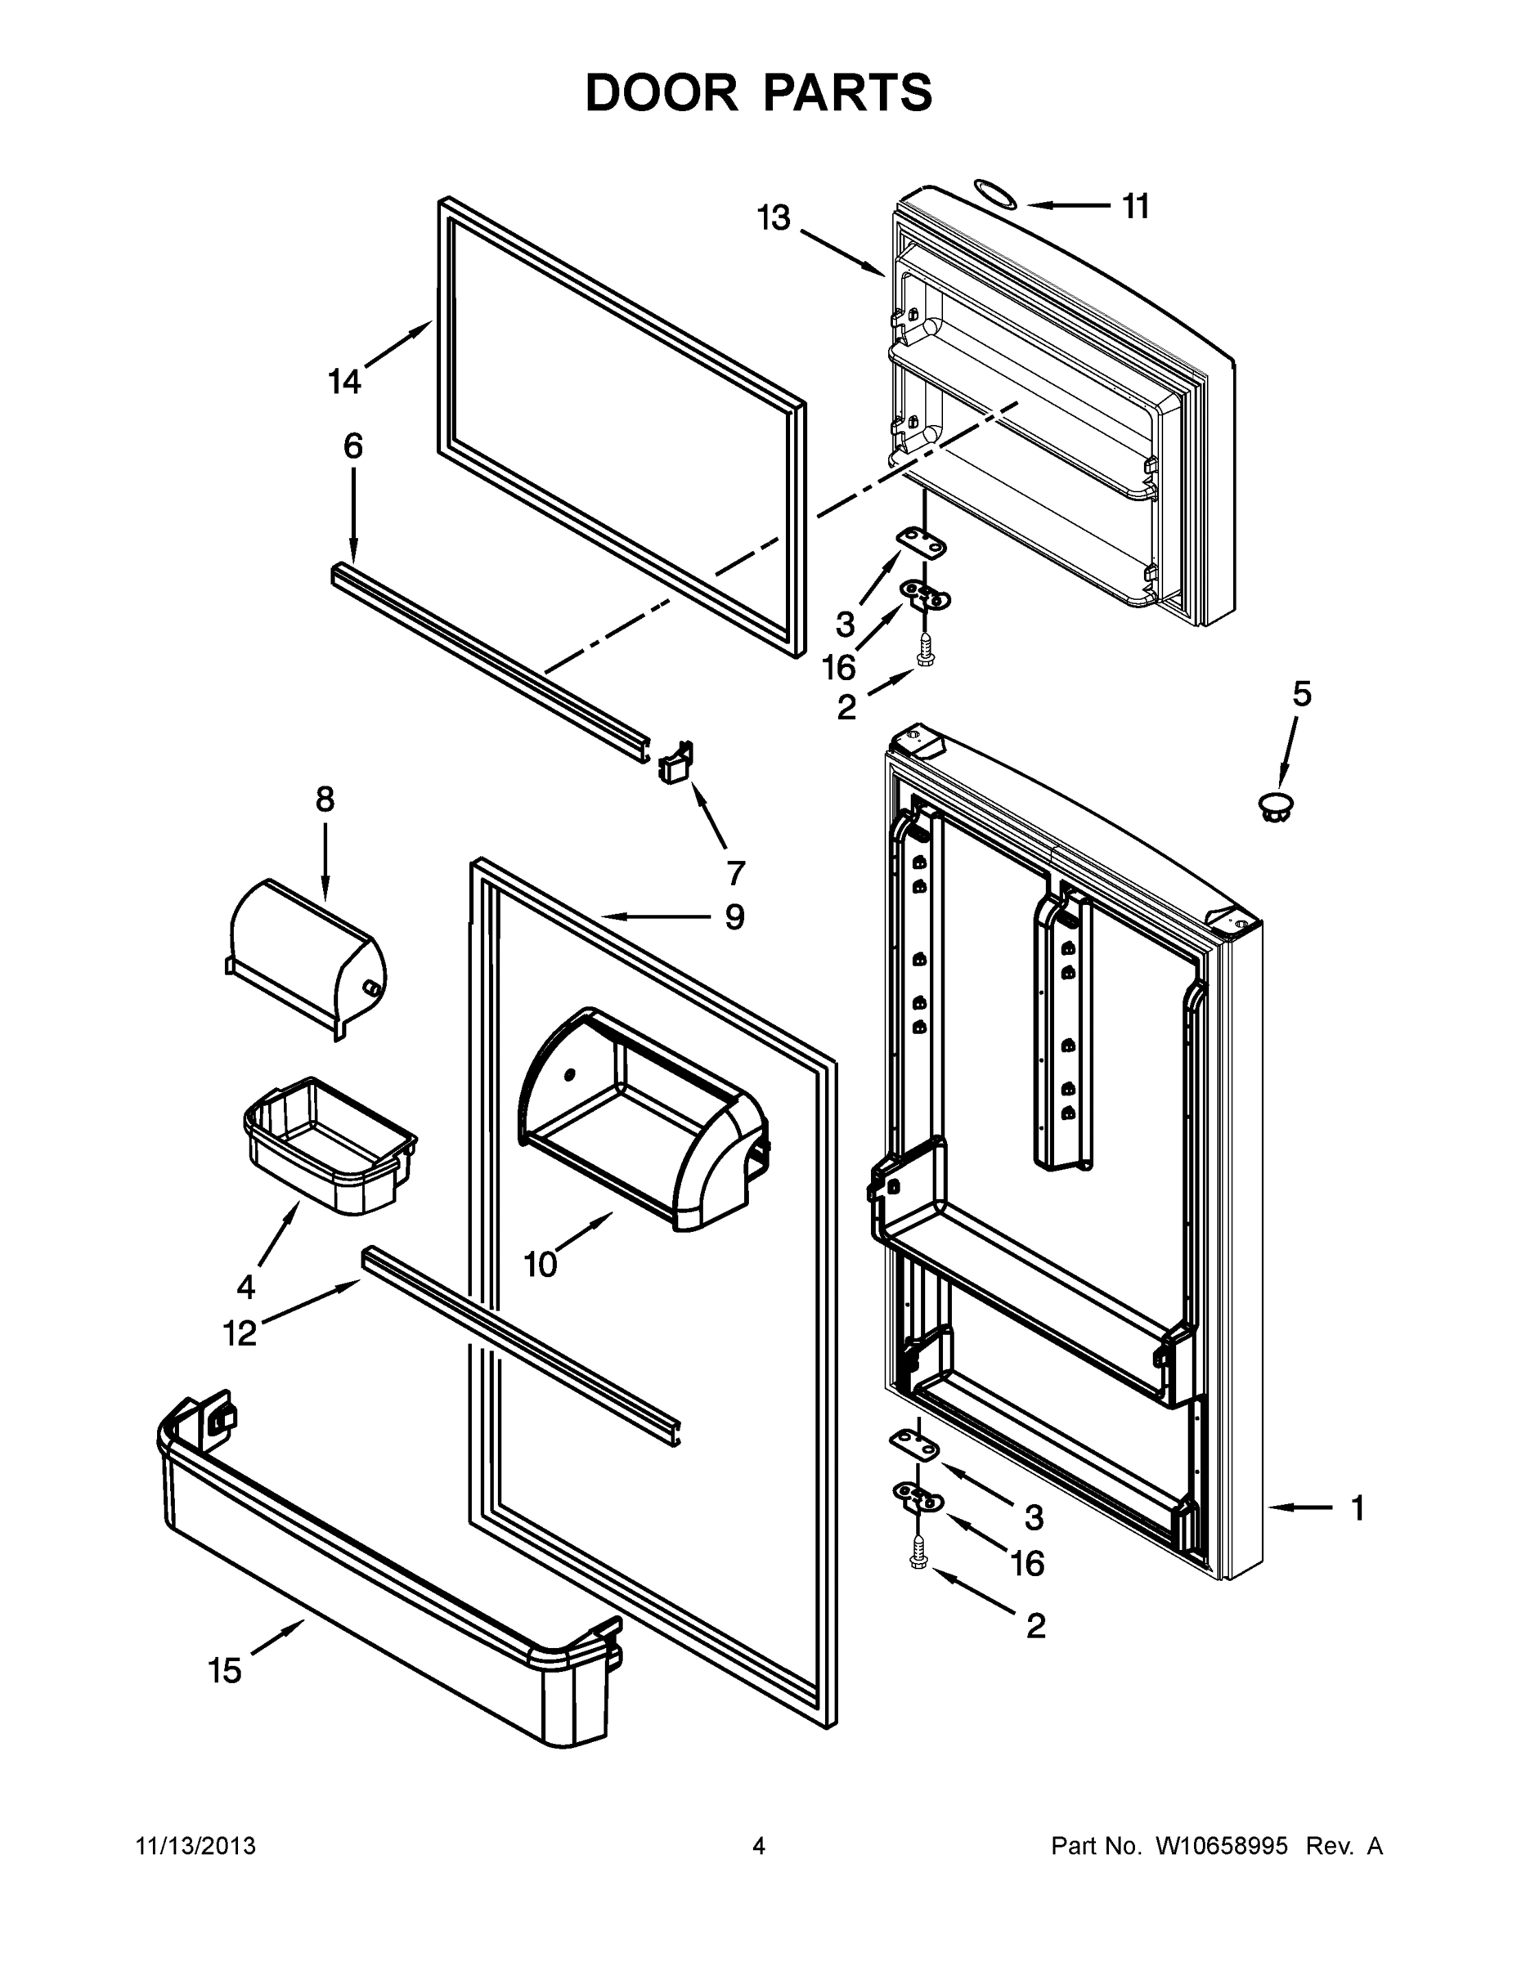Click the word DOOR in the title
coord(662,92)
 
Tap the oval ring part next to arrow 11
coord(996,193)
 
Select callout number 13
coord(773,217)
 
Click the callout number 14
coord(344,382)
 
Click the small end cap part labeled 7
coord(676,762)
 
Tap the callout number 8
coord(325,799)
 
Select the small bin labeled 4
coord(329,1145)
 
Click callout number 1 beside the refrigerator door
coord(1358,1508)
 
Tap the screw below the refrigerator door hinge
coord(918,1552)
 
